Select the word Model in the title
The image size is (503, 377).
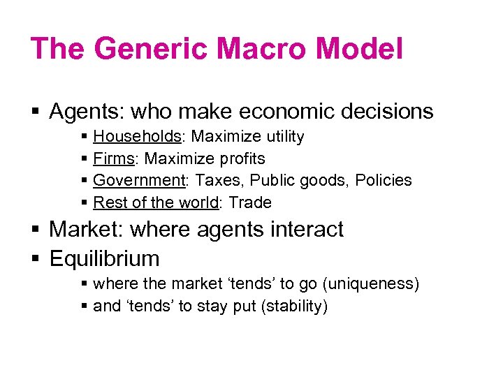(360, 50)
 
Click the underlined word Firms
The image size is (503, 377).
(113, 158)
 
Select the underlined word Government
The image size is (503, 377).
(138, 180)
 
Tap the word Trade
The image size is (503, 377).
(250, 202)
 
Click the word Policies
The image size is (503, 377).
(383, 180)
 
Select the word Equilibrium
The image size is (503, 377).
(104, 258)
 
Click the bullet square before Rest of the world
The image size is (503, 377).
(85, 203)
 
